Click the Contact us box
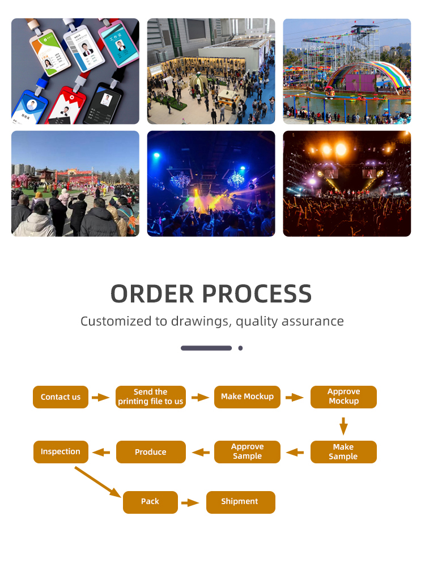click(x=61, y=397)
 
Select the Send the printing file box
click(x=151, y=397)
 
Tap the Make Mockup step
click(x=247, y=397)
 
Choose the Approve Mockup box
click(x=343, y=397)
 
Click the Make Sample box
click(x=343, y=452)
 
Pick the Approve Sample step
click(x=247, y=452)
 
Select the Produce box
click(x=151, y=452)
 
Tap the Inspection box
click(x=61, y=452)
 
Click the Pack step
click(x=150, y=502)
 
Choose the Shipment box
click(x=240, y=502)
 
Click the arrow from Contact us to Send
click(x=100, y=398)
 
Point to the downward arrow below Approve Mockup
click(x=343, y=426)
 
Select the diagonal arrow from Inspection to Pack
click(x=97, y=482)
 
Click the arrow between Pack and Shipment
click(x=190, y=502)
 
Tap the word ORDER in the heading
click(x=152, y=293)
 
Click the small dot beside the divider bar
click(x=240, y=348)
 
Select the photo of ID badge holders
click(x=75, y=71)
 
